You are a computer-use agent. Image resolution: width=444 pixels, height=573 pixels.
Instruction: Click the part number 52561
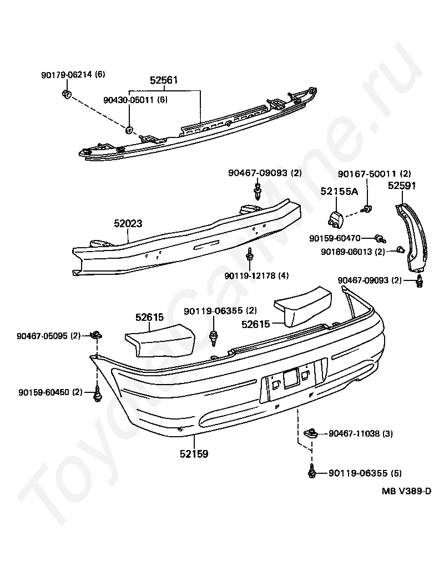click(164, 80)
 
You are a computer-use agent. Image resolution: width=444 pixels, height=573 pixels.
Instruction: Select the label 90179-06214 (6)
click(73, 75)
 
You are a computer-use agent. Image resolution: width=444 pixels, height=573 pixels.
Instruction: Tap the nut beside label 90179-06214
click(66, 93)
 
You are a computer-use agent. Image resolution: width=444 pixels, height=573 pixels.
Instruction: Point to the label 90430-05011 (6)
click(135, 100)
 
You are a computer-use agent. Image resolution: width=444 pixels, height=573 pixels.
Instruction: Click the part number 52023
click(128, 224)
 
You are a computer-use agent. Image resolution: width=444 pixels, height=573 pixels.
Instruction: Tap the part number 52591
click(402, 186)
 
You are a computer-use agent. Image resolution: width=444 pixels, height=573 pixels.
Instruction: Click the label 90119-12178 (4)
click(257, 275)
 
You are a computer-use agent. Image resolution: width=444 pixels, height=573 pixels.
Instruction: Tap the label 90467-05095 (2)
click(49, 335)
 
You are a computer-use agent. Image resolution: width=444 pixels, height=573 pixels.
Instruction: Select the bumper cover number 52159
click(194, 454)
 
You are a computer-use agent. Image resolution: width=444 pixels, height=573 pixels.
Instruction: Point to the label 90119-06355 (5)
click(365, 473)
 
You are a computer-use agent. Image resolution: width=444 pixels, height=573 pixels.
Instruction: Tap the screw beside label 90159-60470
click(380, 238)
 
